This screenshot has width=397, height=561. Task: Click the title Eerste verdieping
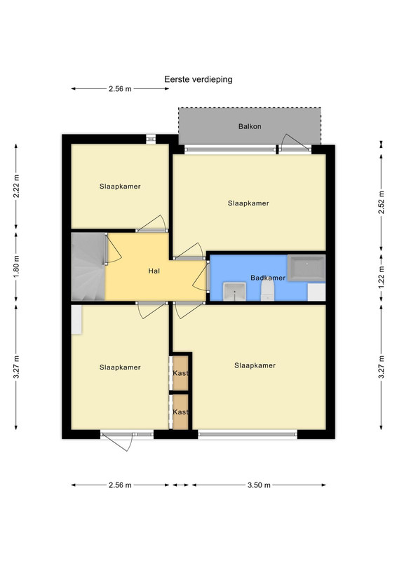pyautogui.click(x=198, y=79)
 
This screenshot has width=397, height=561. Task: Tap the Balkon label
pyautogui.click(x=250, y=126)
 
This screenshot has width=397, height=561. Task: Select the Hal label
pyautogui.click(x=154, y=271)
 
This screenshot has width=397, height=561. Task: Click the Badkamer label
pyautogui.click(x=268, y=278)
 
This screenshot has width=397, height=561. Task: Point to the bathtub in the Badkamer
pyautogui.click(x=307, y=268)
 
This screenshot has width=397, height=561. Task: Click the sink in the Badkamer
pyautogui.click(x=234, y=291)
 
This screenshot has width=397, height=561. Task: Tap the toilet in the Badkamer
pyautogui.click(x=267, y=290)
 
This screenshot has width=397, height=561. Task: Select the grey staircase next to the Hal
pyautogui.click(x=88, y=266)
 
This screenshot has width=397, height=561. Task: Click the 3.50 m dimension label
pyautogui.click(x=259, y=485)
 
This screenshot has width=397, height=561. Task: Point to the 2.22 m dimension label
pyautogui.click(x=16, y=186)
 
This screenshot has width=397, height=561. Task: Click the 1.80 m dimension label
pyautogui.click(x=16, y=268)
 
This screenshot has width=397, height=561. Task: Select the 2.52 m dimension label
pyautogui.click(x=382, y=202)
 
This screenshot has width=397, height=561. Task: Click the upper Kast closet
pyautogui.click(x=180, y=373)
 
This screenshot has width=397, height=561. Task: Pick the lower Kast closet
pyautogui.click(x=180, y=412)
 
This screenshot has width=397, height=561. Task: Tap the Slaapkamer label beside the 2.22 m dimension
pyautogui.click(x=120, y=187)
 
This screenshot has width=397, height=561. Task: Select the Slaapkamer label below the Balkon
pyautogui.click(x=248, y=203)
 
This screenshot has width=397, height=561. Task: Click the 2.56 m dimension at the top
pyautogui.click(x=120, y=89)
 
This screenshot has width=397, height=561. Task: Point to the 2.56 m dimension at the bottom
pyautogui.click(x=120, y=485)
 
